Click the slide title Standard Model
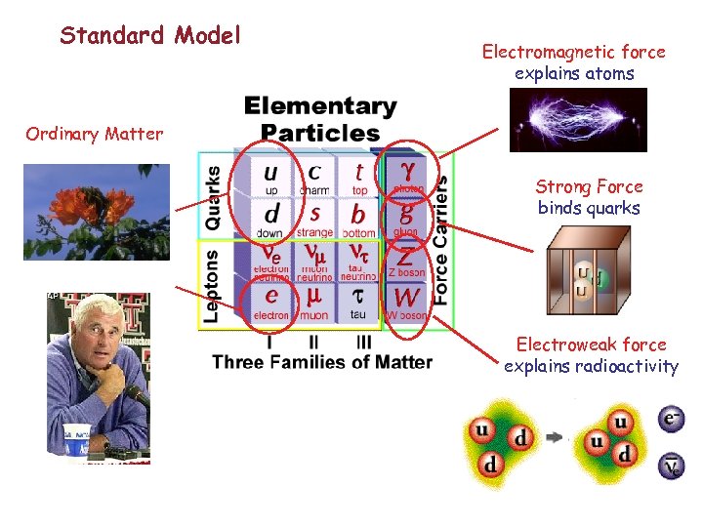pyautogui.click(x=149, y=36)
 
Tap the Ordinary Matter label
pyautogui.click(x=95, y=134)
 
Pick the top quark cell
pyautogui.click(x=359, y=176)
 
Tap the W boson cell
pyautogui.click(x=406, y=301)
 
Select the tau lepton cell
pyautogui.click(x=358, y=301)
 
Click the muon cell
pyautogui.click(x=313, y=301)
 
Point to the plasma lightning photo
pyautogui.click(x=577, y=120)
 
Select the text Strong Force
pyautogui.click(x=589, y=186)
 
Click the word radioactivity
pyautogui.click(x=629, y=366)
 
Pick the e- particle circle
pyautogui.click(x=671, y=421)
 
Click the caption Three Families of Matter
pyautogui.click(x=322, y=362)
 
